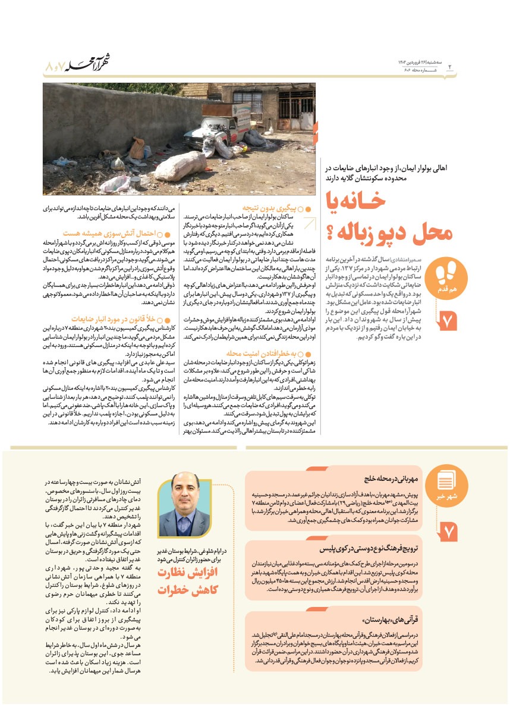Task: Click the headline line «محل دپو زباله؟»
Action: (x=387, y=232)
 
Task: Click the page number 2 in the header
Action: (x=450, y=67)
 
